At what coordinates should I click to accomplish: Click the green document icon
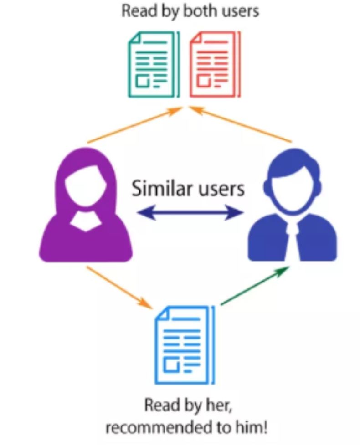[x=153, y=64]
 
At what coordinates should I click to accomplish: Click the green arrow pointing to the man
[x=255, y=286]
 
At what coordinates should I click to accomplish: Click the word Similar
[x=159, y=187]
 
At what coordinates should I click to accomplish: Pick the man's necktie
[x=293, y=237]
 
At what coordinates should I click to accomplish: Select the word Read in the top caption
[x=137, y=11]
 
